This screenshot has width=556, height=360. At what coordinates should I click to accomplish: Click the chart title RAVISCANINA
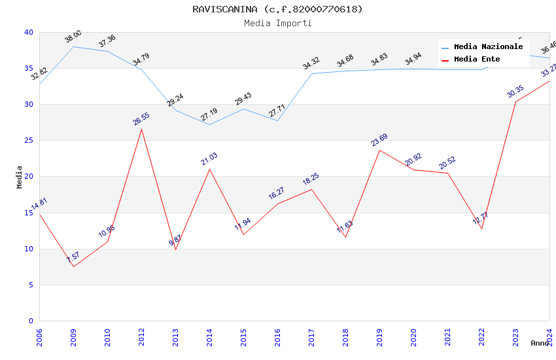(x=277, y=9)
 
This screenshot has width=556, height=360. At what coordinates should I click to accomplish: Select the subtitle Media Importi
(x=277, y=23)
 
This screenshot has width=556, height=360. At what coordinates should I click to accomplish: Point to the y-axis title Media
(x=20, y=177)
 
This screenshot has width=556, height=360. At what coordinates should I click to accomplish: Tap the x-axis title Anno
(x=540, y=343)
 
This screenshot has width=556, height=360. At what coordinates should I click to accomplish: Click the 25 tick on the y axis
(x=28, y=141)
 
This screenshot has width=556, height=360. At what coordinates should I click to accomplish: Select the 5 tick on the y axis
(x=30, y=285)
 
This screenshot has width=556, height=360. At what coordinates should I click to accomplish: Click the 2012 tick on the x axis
(x=141, y=334)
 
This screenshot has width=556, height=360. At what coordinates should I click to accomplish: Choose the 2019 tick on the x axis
(x=379, y=334)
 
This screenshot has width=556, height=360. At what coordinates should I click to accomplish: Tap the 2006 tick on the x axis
(x=39, y=334)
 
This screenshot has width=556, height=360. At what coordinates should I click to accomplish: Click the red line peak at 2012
(x=141, y=129)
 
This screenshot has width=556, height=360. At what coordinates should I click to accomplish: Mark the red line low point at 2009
(x=73, y=266)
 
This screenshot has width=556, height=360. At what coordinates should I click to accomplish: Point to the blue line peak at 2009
(x=73, y=46)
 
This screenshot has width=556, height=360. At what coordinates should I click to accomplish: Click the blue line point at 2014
(x=209, y=124)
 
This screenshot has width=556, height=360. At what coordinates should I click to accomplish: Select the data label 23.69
(x=379, y=139)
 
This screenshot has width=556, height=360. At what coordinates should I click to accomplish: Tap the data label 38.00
(x=73, y=37)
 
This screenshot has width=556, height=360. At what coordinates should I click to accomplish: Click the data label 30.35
(x=515, y=92)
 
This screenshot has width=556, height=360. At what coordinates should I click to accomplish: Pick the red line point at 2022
(x=481, y=228)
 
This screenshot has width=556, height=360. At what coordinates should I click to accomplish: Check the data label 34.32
(x=311, y=63)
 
